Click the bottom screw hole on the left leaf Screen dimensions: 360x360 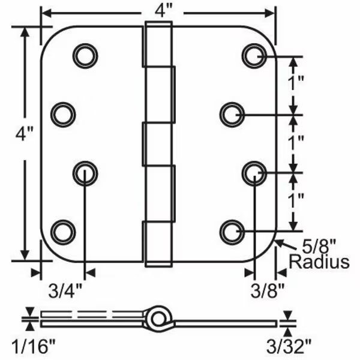(x=62, y=231)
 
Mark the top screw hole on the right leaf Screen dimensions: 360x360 (x=254, y=55)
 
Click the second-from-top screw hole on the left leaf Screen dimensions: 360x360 (x=62, y=113)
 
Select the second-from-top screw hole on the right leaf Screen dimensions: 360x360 (x=231, y=113)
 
